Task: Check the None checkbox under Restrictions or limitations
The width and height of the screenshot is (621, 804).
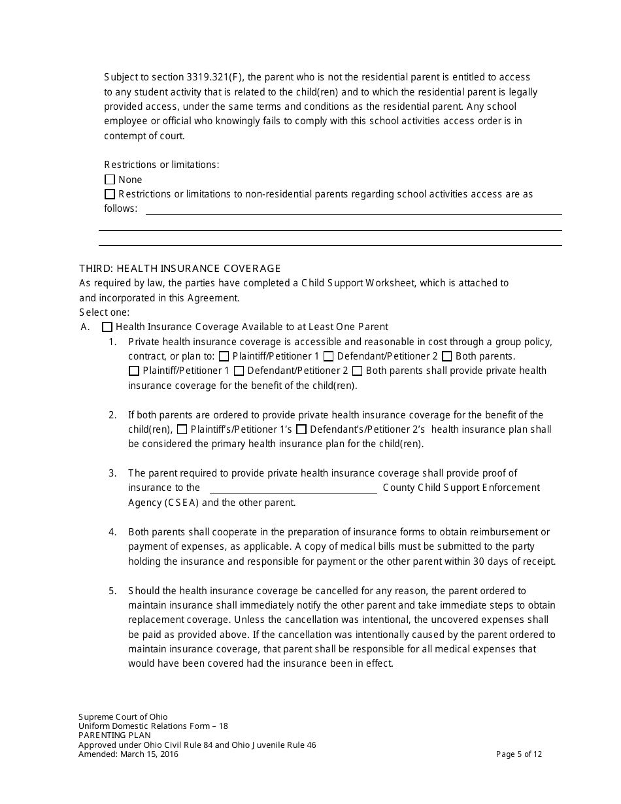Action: [x=110, y=180]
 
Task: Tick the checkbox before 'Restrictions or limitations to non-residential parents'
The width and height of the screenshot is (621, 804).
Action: [x=110, y=194]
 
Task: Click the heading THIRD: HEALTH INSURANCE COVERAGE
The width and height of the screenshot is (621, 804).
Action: [x=180, y=268]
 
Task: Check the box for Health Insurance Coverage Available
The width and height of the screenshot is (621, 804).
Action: [x=108, y=327]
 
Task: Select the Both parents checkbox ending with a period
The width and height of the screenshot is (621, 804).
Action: [x=447, y=356]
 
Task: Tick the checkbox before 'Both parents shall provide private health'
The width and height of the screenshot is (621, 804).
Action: [x=358, y=371]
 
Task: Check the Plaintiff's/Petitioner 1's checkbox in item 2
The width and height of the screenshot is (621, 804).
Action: [x=182, y=429]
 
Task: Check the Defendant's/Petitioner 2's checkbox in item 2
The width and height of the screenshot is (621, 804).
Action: [x=301, y=429]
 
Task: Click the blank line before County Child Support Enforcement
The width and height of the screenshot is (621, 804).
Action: [x=293, y=488]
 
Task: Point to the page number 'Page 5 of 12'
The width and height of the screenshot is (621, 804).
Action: [x=519, y=754]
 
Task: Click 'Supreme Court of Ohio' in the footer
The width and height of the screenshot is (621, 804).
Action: [x=123, y=716]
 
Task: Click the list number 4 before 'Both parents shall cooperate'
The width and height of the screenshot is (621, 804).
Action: [x=112, y=532]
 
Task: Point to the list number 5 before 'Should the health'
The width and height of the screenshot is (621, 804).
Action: [x=112, y=590]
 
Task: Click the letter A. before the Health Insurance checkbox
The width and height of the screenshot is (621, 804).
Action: [x=85, y=327]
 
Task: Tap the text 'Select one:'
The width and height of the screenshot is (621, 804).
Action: [x=105, y=312]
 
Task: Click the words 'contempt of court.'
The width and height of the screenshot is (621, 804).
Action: [x=144, y=136]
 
